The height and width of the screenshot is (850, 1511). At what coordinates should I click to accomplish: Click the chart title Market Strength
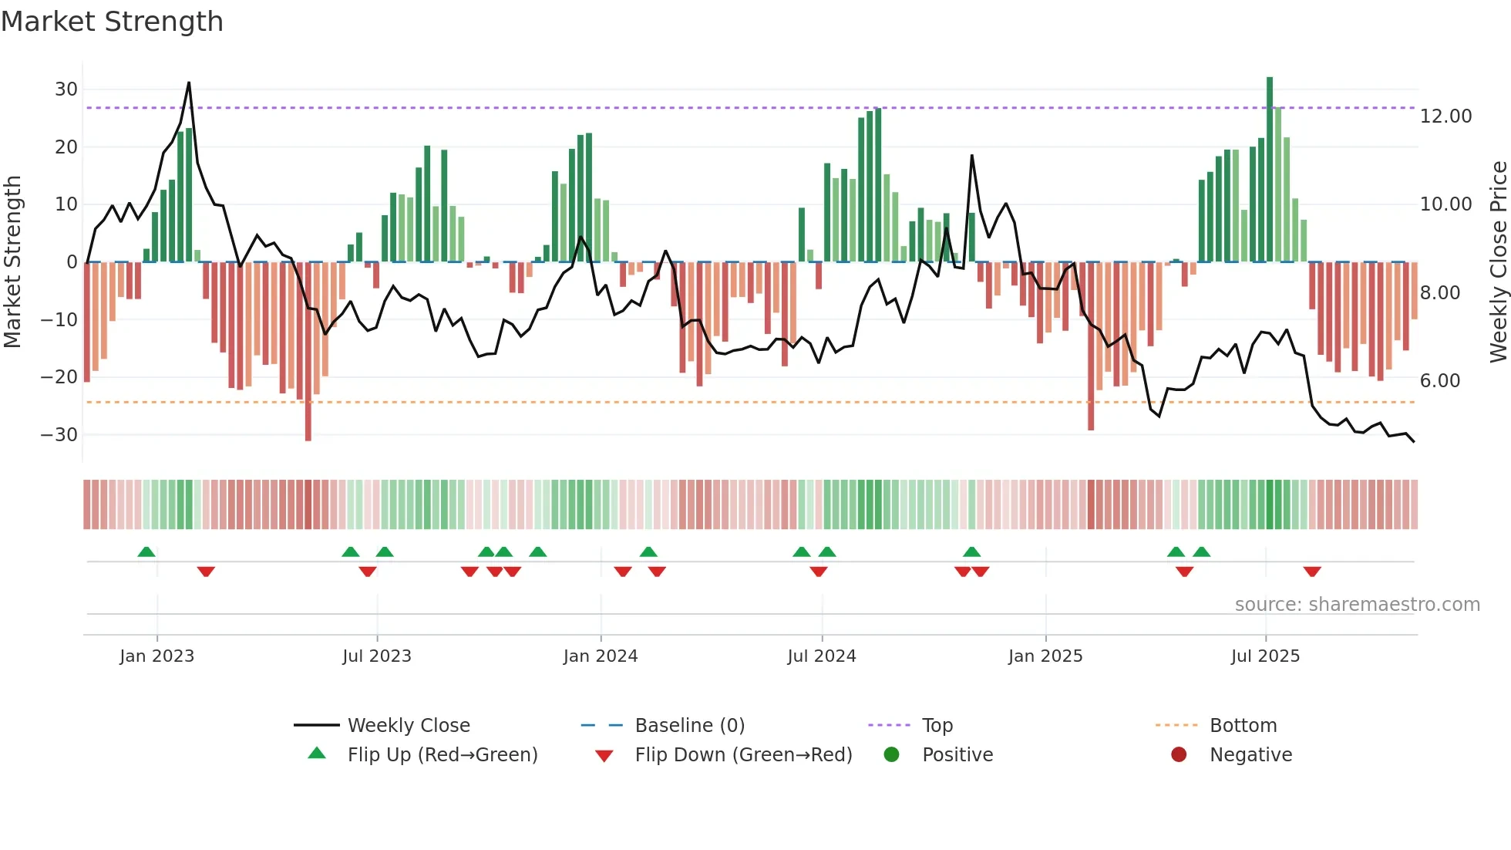pos(112,22)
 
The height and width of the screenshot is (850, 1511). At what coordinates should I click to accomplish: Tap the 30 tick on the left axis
pos(66,89)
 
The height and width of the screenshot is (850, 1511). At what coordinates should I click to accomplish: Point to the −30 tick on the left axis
pos(60,435)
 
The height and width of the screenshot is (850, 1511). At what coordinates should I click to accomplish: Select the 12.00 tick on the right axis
pos(1445,116)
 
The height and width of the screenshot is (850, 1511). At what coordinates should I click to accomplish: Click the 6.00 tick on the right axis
pos(1439,381)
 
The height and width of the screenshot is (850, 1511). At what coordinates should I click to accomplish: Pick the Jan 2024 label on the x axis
pos(601,656)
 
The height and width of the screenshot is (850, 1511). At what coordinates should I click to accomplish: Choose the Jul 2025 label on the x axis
pos(1265,656)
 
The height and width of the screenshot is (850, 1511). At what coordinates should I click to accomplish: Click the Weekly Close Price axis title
pos(1498,262)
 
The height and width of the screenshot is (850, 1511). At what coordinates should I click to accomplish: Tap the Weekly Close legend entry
pos(408,726)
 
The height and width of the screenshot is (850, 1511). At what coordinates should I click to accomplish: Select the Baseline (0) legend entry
pos(689,726)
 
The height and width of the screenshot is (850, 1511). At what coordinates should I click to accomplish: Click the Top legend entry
pos(937,726)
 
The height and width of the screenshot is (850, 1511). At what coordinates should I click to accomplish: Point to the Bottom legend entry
pos(1243,726)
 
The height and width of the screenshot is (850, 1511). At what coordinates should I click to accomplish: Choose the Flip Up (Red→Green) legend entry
pos(442,755)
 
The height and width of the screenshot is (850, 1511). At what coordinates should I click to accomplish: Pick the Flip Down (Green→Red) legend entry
pos(743,755)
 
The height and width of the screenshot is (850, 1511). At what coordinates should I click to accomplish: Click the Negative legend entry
pos(1250,755)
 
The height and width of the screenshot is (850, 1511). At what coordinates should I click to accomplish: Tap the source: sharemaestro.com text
pos(1357,605)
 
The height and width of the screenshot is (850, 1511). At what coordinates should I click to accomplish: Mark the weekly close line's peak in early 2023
pos(189,83)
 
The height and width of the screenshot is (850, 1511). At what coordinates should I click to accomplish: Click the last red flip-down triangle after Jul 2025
pos(1312,572)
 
